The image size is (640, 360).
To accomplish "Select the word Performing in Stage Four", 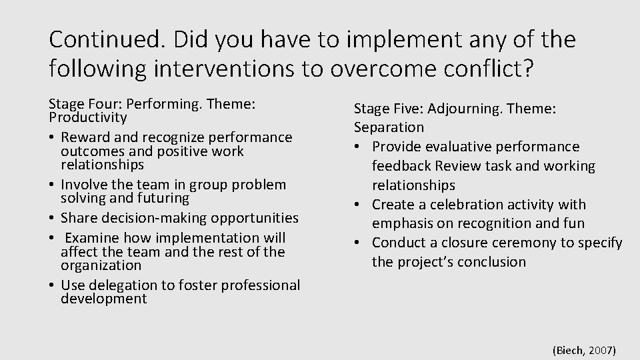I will coord(169,104).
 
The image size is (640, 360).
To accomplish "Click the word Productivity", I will coord(87,117).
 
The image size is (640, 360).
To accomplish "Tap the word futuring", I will coord(163,198).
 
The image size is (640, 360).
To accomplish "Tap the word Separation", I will coord(389,127).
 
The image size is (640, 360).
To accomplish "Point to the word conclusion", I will coord(494,262).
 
